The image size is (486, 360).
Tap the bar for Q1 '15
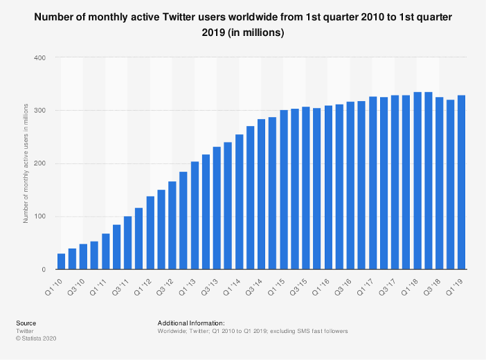(284, 190)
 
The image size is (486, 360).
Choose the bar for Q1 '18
(417, 181)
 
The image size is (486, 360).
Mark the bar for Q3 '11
(127, 243)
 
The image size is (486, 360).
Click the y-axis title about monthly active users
(26, 163)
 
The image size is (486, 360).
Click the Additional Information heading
(191, 323)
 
